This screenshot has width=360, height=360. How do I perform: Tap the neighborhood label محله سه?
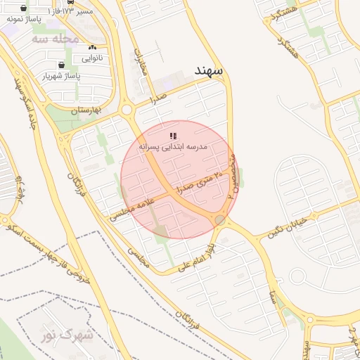click(x=56, y=39)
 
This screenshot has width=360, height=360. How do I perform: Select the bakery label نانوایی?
click(x=92, y=58)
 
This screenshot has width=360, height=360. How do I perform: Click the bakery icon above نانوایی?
click(x=92, y=47)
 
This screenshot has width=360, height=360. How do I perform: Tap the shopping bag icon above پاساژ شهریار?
click(x=62, y=65)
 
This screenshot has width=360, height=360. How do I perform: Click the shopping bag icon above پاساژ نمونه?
click(x=25, y=8)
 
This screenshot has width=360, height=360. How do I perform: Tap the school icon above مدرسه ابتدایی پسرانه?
click(x=173, y=136)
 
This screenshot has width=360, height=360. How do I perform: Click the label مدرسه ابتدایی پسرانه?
click(x=173, y=147)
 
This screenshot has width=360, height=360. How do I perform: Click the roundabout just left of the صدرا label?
click(x=127, y=109)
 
